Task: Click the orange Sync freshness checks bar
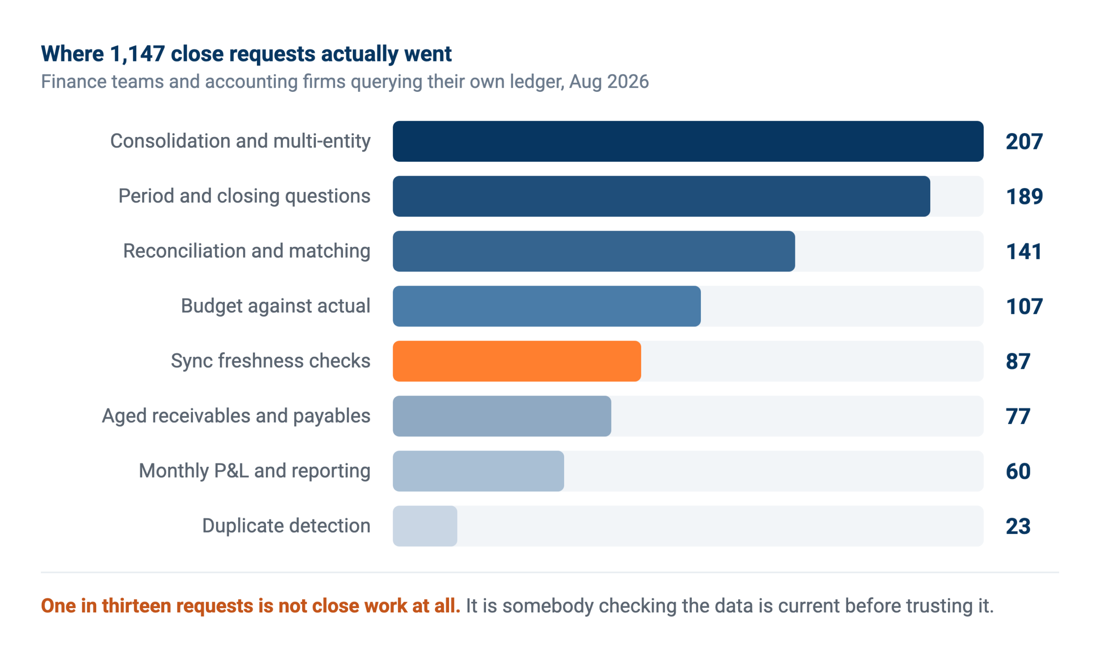pos(517,361)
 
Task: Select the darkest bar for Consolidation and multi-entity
pos(688,141)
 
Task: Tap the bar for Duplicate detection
pos(425,526)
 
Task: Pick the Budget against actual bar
pos(547,306)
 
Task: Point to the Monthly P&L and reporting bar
pos(479,471)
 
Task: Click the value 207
pos(1024,142)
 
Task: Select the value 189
pos(1024,197)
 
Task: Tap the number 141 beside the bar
pos(1024,252)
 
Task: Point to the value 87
pos(1018,362)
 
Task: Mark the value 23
pos(1018,527)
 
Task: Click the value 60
pos(1018,472)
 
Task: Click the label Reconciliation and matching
pos(247,251)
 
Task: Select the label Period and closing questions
pos(244,196)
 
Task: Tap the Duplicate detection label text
pos(286,526)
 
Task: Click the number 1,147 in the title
pos(137,54)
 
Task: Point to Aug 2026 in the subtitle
pos(609,82)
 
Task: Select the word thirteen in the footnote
pos(137,606)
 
